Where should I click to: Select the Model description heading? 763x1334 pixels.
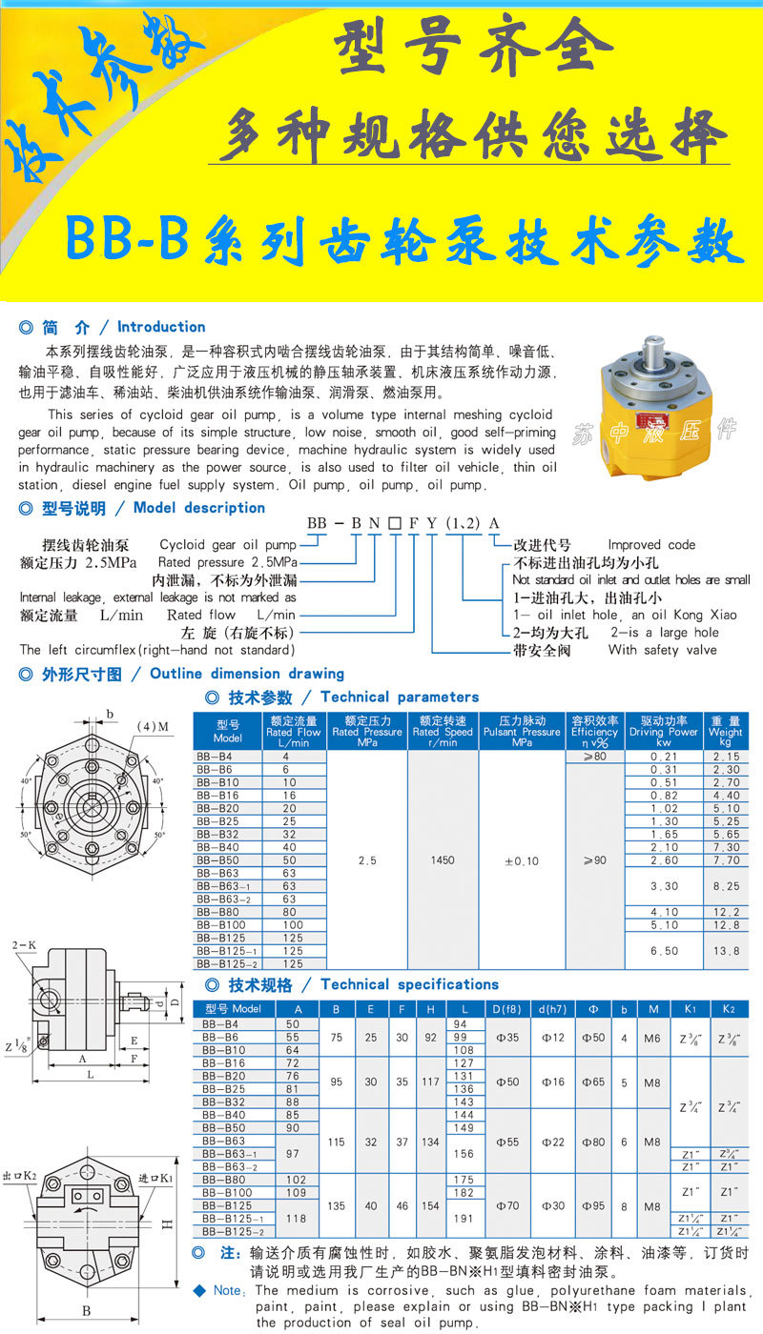tap(199, 508)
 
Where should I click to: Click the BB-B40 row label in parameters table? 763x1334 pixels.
tap(218, 847)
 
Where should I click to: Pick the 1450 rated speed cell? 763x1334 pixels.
tap(443, 860)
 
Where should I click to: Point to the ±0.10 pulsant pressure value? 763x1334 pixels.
tap(521, 860)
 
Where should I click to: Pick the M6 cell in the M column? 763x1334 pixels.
tap(651, 1038)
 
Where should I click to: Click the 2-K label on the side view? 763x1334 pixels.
tap(24, 944)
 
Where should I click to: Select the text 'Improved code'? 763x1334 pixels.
tap(651, 545)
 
